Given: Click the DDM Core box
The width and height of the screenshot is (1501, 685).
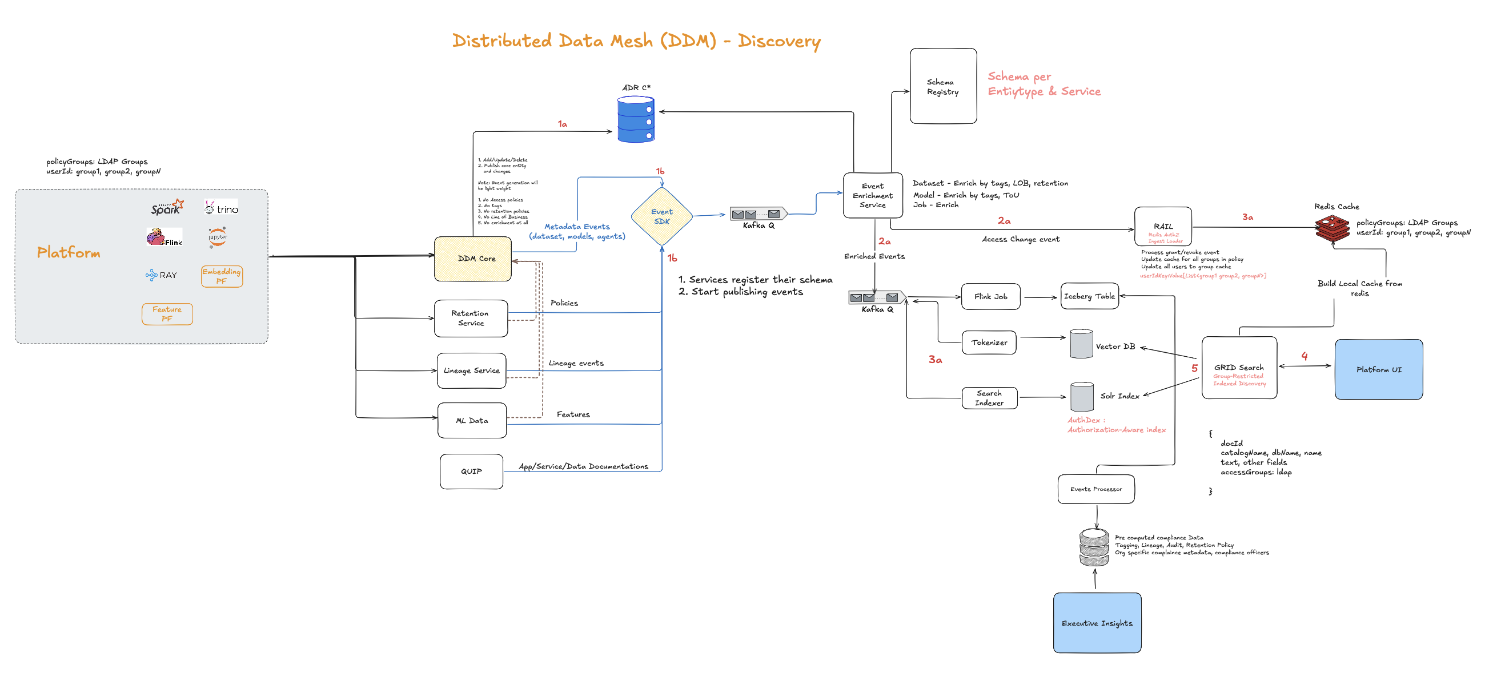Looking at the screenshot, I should coord(472,259).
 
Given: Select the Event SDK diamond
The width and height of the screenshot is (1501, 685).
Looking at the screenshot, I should coord(661,217).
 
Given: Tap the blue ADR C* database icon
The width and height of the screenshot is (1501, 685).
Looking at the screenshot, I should coord(635,120).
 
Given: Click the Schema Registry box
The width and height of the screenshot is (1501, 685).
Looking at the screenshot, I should coord(943,86).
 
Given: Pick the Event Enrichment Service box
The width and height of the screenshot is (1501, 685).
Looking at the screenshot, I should coord(872,196).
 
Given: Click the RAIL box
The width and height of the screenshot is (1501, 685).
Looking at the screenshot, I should coord(1162,227).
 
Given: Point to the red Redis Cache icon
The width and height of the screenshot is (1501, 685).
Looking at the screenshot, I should coord(1332,228).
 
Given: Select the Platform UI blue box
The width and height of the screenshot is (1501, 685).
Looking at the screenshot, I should coord(1378,369).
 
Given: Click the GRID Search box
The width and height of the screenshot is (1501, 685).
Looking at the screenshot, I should coord(1239,368).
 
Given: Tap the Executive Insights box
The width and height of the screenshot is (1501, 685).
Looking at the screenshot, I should coord(1097,623).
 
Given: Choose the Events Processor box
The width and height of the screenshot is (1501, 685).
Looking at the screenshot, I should coord(1095,489).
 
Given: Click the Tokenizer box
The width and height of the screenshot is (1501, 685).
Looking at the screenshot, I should coord(989,342).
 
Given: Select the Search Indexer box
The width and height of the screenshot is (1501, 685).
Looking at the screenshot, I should coord(989,398).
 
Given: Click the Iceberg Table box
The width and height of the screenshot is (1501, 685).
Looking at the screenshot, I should coord(1089,296).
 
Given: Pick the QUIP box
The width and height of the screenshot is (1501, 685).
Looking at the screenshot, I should coord(471,472).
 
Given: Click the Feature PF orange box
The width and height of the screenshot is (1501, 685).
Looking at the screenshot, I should coord(167,314).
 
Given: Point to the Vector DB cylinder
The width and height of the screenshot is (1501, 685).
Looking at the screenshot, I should coord(1081,344).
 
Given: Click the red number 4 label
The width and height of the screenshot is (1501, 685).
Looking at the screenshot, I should coord(1304,356).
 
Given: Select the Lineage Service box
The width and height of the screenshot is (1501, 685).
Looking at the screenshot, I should coord(471,370).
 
